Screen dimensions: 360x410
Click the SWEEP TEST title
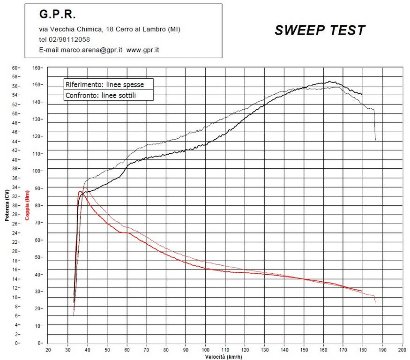pos(320,30)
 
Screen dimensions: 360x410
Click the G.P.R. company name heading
pos(57,15)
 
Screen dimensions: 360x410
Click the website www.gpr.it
pos(143,50)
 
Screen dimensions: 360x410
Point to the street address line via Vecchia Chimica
pos(110,29)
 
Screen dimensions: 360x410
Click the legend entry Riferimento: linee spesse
pos(104,85)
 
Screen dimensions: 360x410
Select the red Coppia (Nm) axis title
pos(27,205)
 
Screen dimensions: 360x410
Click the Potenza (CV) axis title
pos(6,205)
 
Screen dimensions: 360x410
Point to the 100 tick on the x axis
pos(206,350)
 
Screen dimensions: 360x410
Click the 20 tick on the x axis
pos(48,350)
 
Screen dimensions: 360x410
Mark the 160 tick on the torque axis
pos(37,67)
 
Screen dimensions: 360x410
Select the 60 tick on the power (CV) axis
pos(15,67)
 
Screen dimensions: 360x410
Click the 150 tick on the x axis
pos(304,350)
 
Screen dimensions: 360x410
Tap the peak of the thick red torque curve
pos(80,191)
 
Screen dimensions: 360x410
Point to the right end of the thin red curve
pos(375,302)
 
